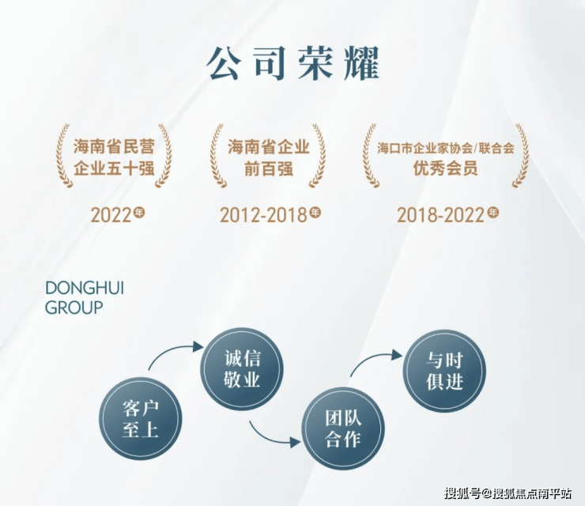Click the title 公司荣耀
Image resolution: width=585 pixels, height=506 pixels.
coord(293,63)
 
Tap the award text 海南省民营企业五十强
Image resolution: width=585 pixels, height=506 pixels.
coord(114,157)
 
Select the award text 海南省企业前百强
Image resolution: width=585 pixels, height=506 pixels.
coord(269,157)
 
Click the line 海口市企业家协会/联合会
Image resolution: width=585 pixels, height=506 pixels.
coord(445,148)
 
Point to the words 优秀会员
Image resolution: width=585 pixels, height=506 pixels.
coord(445,168)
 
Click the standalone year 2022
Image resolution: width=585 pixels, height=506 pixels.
coord(111,215)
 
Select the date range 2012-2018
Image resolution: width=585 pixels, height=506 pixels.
coord(263,215)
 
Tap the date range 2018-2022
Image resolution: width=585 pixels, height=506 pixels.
coord(440,215)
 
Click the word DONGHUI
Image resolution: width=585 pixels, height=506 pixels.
coord(85,289)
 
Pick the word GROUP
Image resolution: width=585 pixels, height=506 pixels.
coord(74,308)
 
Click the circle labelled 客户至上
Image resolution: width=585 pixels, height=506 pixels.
coord(141,418)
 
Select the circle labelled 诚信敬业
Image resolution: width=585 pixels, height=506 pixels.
coord(242,368)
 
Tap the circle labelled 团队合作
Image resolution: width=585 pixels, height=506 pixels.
coord(343,429)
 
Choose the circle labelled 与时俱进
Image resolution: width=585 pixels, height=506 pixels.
coord(444,371)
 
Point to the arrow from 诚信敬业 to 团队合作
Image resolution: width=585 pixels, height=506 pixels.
coord(270,437)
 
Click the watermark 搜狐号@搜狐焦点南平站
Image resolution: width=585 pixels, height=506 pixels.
coord(508,493)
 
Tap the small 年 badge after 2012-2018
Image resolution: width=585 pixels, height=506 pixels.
coord(315,213)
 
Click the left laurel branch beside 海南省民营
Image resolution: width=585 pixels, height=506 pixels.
coord(63,156)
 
